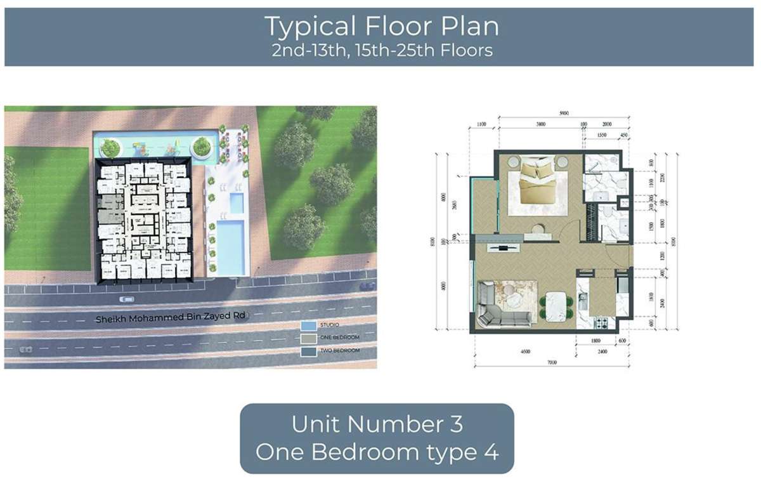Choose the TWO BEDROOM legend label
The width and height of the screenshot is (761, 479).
341,350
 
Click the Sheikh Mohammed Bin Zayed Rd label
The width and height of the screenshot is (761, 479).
169,317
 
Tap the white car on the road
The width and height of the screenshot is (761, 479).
126,299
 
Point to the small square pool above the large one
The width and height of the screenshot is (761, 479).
235,204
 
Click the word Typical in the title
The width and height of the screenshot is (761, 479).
308,27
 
